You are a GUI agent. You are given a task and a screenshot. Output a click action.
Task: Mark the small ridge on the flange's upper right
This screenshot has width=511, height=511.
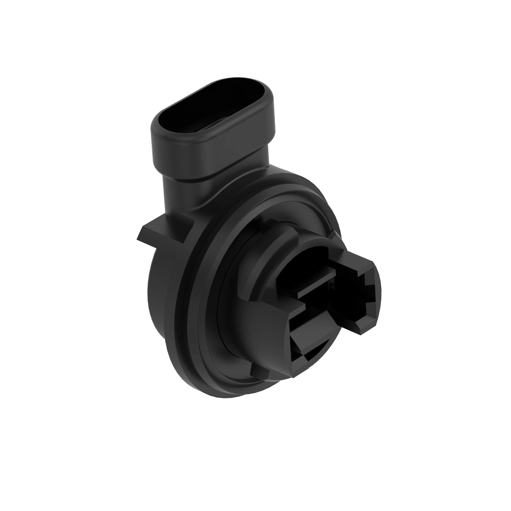click(334, 233)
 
